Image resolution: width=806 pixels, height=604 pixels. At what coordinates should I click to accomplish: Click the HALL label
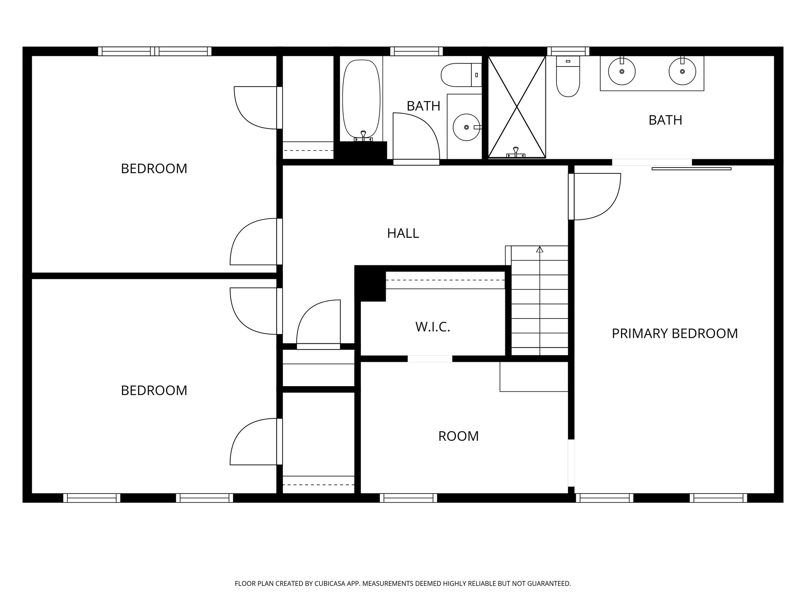click(x=403, y=233)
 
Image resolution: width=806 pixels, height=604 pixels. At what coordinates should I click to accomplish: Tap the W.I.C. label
click(x=433, y=327)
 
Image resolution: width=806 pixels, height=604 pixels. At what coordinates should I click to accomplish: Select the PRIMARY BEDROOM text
click(x=675, y=333)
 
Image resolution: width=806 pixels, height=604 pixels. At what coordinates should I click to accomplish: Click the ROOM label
click(x=458, y=436)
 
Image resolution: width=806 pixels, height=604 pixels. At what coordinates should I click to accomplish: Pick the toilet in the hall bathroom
click(x=458, y=75)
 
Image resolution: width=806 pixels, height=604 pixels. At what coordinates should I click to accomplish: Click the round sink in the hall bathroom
click(x=466, y=127)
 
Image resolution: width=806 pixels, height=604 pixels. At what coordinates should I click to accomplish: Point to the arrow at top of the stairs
click(x=540, y=249)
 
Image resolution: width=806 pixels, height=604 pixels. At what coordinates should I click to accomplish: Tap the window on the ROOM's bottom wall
click(x=409, y=498)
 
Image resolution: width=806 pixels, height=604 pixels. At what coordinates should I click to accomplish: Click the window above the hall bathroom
click(x=416, y=51)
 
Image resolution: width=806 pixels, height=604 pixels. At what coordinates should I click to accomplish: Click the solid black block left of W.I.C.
click(x=370, y=283)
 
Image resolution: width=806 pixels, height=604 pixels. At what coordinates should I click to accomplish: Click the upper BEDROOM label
click(x=154, y=169)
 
